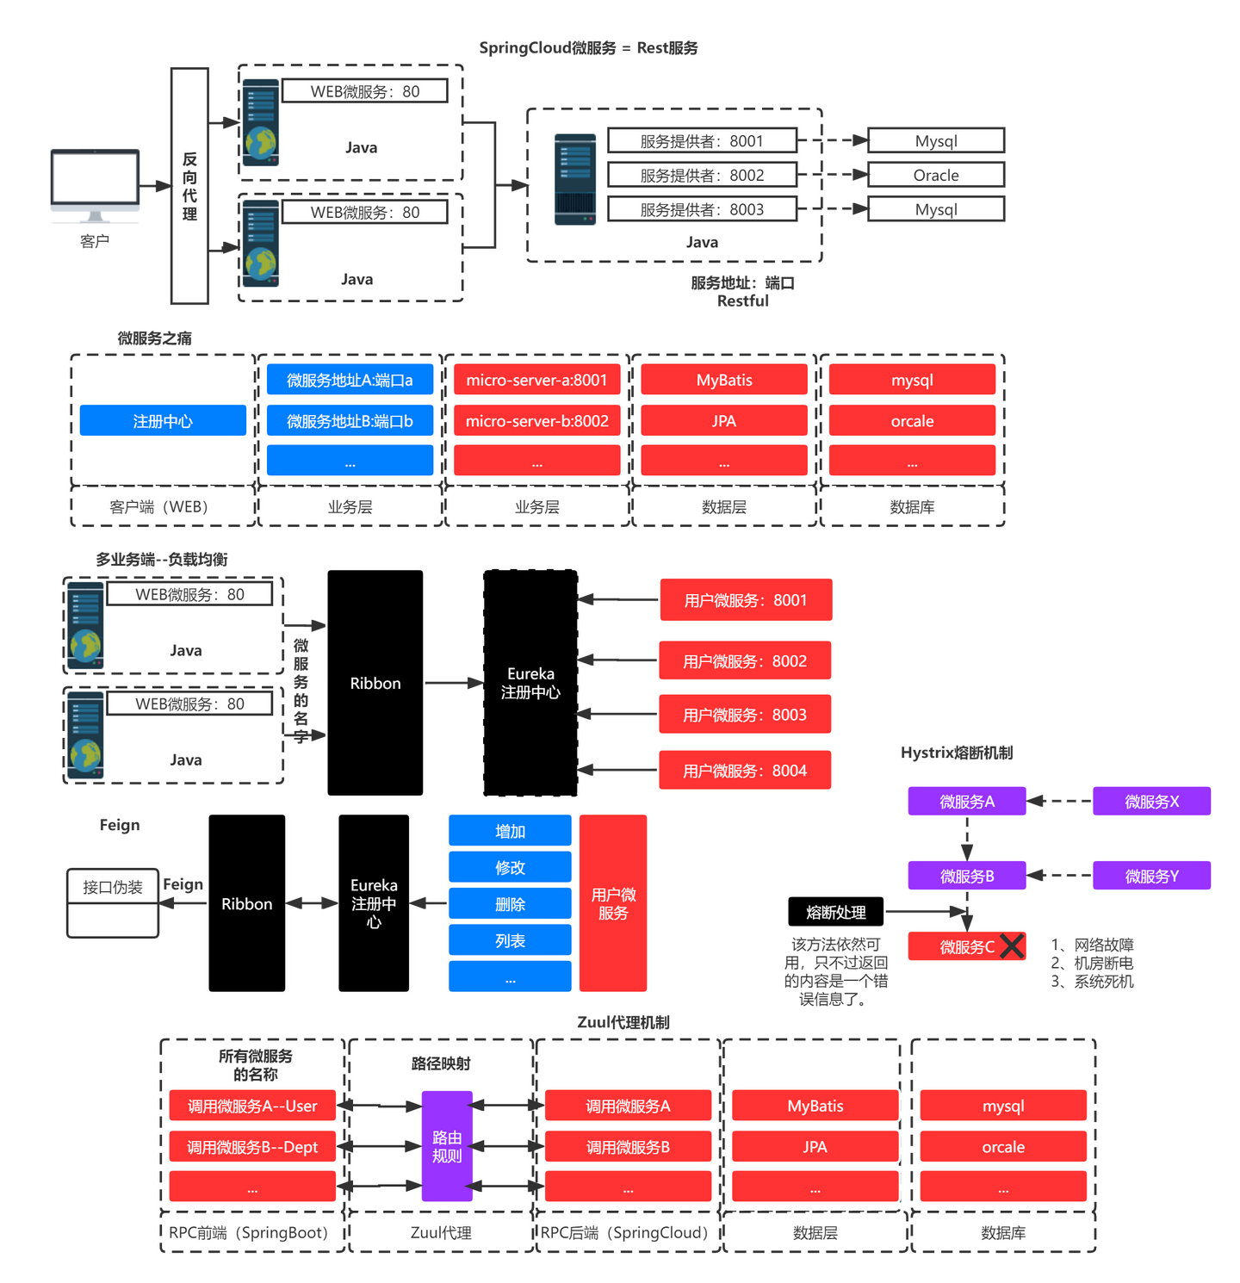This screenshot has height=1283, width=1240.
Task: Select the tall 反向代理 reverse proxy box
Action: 189,186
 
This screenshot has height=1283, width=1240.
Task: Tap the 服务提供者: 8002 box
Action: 702,175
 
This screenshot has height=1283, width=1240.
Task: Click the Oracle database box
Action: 936,175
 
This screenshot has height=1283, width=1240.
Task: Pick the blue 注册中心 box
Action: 163,421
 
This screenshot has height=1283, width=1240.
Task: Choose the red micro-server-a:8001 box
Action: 537,380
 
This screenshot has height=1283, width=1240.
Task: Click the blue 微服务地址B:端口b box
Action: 350,421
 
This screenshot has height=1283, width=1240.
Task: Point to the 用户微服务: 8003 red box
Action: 745,715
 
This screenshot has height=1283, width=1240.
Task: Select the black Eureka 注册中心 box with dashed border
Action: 530,683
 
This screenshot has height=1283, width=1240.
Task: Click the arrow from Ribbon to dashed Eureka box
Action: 454,683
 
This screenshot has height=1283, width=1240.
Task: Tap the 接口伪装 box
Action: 113,902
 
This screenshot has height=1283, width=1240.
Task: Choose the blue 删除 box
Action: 510,904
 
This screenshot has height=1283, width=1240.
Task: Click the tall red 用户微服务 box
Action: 613,903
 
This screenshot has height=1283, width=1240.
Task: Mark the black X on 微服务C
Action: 1012,946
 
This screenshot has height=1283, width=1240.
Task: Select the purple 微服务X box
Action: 1152,802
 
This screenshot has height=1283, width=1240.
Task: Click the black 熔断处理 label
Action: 835,912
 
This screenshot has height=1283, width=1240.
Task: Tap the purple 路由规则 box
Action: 447,1146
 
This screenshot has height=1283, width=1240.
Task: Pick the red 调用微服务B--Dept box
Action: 252,1147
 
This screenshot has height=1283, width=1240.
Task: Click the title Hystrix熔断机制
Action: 957,753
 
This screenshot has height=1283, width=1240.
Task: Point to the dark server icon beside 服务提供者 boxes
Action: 575,179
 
